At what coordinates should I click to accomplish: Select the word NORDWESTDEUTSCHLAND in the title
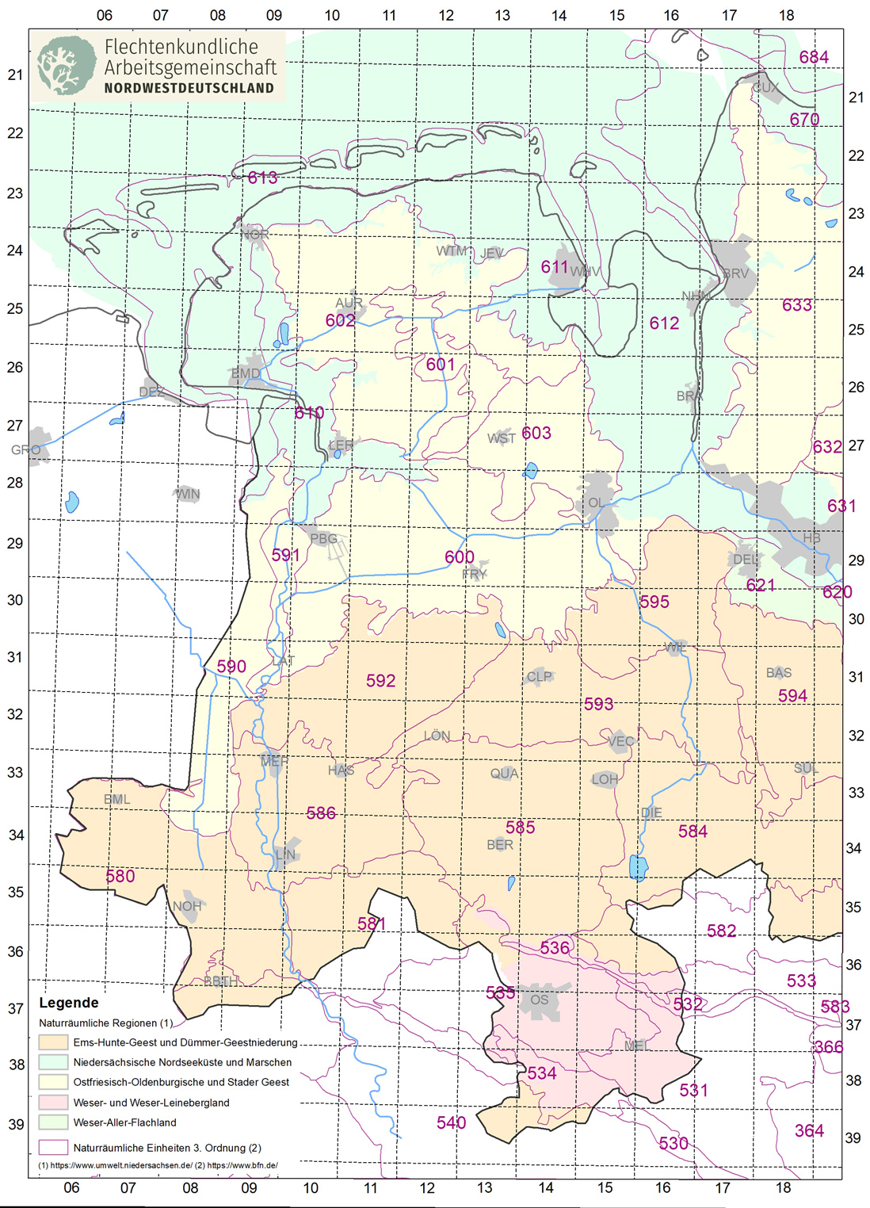189,88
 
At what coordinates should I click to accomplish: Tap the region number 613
262,178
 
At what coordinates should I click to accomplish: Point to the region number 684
814,57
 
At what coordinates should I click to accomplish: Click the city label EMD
246,373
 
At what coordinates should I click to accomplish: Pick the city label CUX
765,87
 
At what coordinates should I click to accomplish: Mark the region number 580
120,876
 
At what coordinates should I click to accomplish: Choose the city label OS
540,1000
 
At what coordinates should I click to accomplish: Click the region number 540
451,1122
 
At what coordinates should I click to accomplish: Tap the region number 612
664,323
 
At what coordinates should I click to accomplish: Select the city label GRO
25,449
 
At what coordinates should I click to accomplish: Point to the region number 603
536,433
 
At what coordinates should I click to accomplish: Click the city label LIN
285,854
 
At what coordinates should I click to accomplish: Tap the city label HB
811,537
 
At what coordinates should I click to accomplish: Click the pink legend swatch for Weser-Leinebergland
53,1103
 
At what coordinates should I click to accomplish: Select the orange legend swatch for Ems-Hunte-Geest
53,1042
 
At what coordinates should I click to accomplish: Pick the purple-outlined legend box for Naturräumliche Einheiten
53,1147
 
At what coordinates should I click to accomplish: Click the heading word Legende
69,1003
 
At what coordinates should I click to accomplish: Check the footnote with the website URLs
158,1165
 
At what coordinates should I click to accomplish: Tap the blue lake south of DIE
637,867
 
